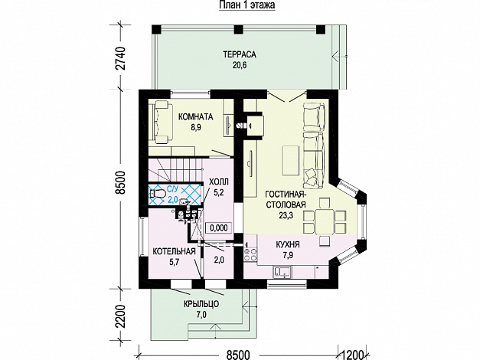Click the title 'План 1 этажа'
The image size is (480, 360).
239,5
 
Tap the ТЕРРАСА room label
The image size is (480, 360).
239,54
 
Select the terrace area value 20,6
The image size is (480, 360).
239,66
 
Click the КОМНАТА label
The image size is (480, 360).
194,117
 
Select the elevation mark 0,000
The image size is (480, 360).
218,227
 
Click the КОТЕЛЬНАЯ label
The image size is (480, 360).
173,250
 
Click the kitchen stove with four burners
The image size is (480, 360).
249,250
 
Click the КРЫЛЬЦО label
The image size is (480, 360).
202,304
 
